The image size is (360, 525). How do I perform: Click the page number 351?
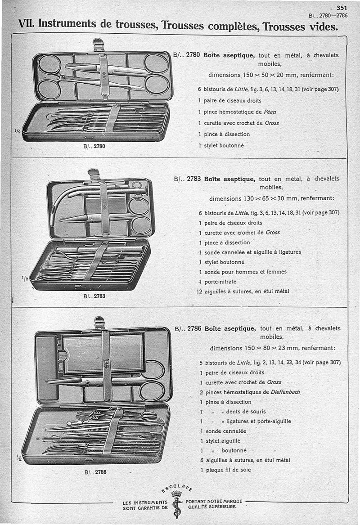(x=342, y=8)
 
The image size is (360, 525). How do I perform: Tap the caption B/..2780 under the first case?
(x=95, y=146)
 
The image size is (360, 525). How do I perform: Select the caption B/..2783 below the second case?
(x=94, y=296)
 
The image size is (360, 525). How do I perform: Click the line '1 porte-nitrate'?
(x=217, y=282)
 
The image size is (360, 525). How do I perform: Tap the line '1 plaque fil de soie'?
(x=225, y=470)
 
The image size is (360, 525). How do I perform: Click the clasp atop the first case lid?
(x=98, y=44)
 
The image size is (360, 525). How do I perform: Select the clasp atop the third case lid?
(x=99, y=322)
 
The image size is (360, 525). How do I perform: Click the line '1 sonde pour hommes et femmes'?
(x=243, y=272)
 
